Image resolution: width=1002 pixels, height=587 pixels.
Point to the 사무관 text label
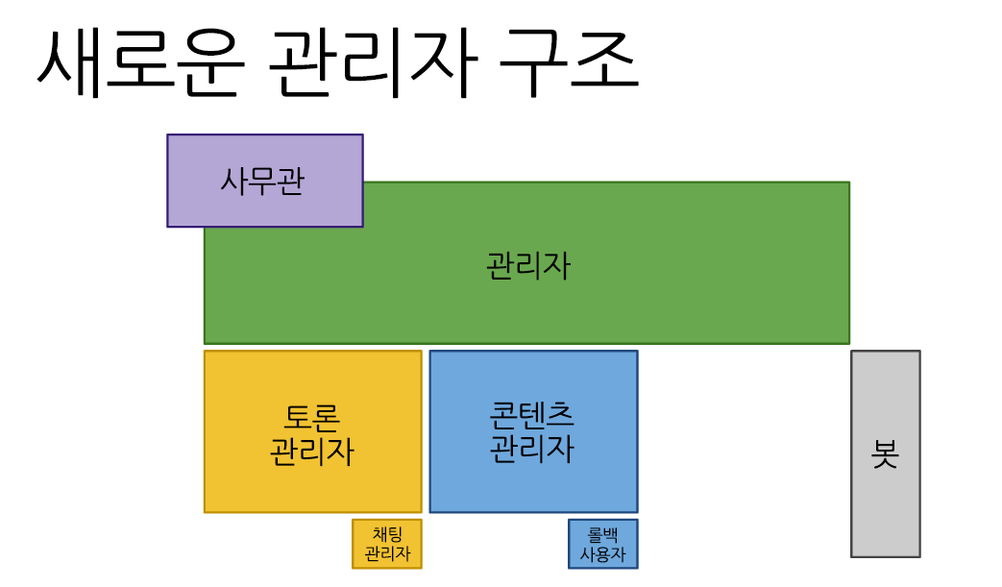pos(262,181)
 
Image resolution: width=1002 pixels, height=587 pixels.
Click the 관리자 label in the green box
pos(528,264)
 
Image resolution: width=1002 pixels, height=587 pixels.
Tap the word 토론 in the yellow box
pos(312,417)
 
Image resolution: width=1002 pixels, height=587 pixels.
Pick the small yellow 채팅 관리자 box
pos(387,544)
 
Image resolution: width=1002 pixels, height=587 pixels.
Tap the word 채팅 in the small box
pos(387,535)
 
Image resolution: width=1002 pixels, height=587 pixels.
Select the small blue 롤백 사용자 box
pos(602,544)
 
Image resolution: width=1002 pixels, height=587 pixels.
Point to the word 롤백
pos(602,535)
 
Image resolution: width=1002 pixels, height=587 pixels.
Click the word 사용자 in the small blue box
pos(602,554)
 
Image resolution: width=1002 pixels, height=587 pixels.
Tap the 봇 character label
pos(885,453)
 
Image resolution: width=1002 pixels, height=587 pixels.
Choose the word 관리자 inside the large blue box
pos(531,448)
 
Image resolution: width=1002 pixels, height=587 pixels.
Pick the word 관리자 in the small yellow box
pos(387,554)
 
